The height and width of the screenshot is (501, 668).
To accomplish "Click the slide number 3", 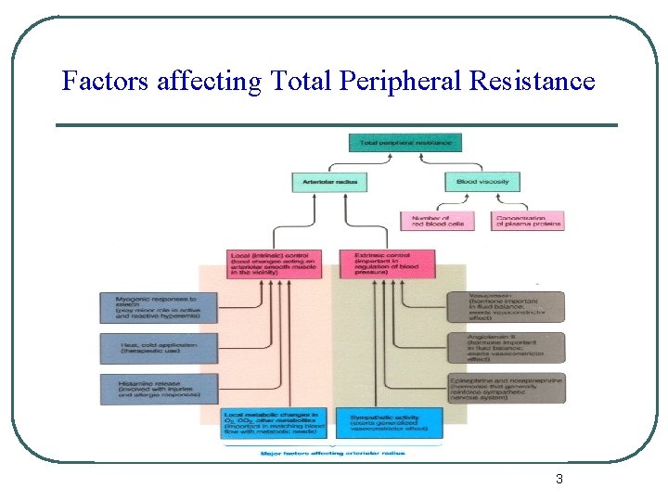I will coord(559,480).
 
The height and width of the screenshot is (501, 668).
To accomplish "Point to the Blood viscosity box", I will coord(482,182).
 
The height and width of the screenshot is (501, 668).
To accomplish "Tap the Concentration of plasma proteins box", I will coord(527,221).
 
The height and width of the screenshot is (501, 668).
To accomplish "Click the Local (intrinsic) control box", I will coord(274,263).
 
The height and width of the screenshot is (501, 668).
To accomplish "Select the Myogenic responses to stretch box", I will coord(159,308).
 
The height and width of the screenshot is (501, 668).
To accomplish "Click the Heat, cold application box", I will coord(159,348).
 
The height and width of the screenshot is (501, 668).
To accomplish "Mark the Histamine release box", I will coord(159,388).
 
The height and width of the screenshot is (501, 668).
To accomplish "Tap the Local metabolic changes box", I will coord(274,422).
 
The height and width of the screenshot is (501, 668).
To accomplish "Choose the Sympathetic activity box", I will coord(389,422).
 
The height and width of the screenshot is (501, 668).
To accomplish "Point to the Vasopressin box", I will coord(506,307).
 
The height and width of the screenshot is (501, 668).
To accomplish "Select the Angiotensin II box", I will coord(506,348).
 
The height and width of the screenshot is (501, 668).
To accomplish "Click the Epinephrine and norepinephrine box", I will coord(506,388).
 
